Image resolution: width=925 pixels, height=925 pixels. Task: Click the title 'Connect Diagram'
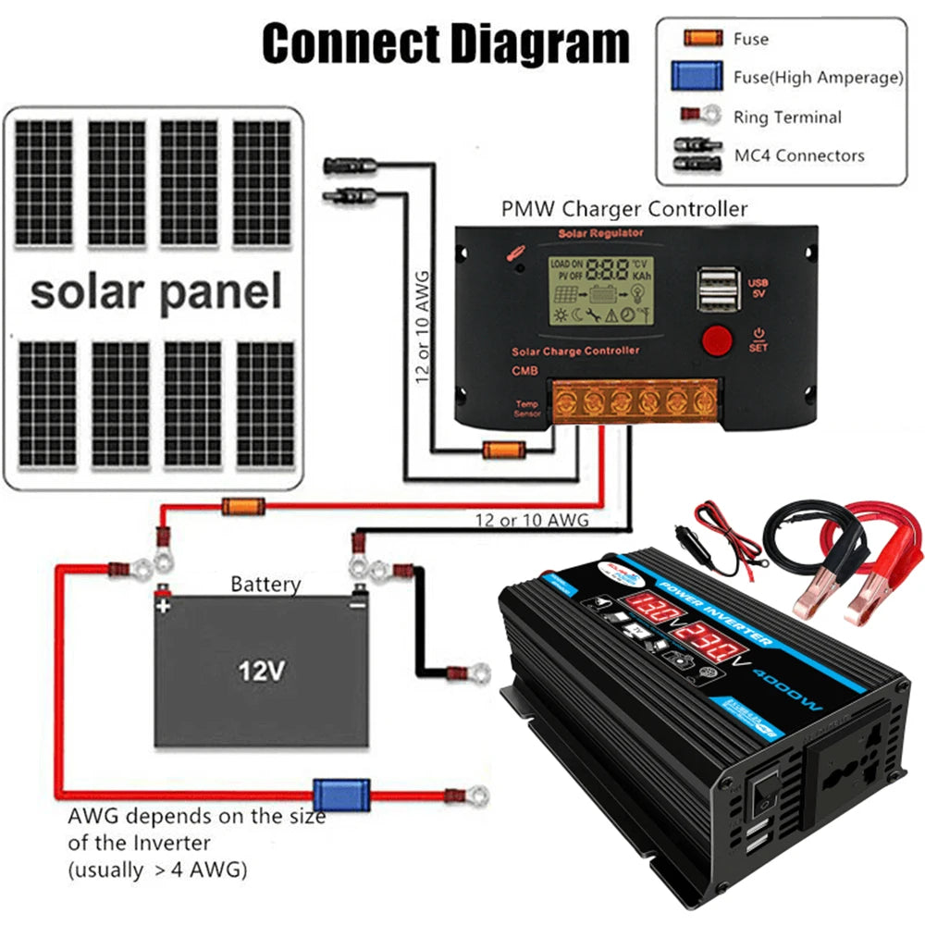(445, 43)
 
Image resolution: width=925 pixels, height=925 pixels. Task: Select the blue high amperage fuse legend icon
(699, 77)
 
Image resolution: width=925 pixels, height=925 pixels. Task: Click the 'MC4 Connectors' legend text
(799, 155)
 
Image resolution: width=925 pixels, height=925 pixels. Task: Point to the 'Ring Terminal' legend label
(787, 117)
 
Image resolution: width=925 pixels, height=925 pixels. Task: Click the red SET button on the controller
(716, 339)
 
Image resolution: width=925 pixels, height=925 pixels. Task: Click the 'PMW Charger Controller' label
(623, 209)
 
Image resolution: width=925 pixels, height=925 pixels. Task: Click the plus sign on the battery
(163, 607)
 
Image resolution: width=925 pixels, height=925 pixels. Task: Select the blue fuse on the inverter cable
(328, 794)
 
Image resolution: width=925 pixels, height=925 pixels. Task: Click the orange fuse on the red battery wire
(243, 505)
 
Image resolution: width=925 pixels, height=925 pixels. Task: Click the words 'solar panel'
(155, 291)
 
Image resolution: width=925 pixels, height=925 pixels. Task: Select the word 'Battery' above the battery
(265, 585)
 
